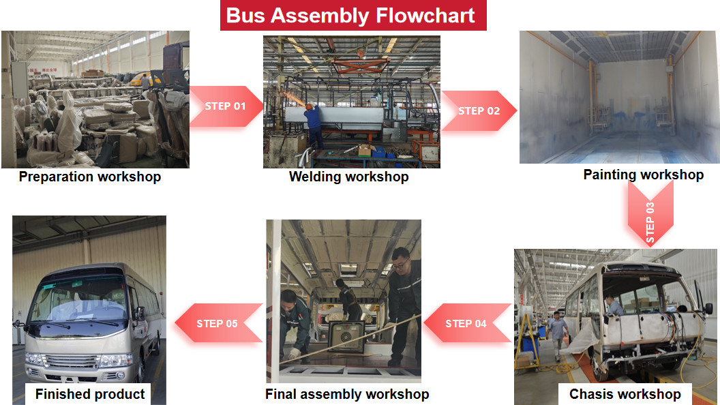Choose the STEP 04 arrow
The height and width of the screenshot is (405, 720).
pyautogui.click(x=466, y=323)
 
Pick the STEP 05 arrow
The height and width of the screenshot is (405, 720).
pyautogui.click(x=217, y=323)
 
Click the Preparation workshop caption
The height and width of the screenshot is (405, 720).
pyautogui.click(x=90, y=177)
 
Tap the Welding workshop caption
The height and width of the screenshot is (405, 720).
pyautogui.click(x=348, y=177)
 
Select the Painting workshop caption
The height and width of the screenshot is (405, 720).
pyautogui.click(x=643, y=175)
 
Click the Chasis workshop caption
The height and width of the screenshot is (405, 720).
pyautogui.click(x=625, y=394)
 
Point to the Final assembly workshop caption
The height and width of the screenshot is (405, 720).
pyautogui.click(x=347, y=394)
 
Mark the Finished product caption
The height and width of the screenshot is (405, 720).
pyautogui.click(x=90, y=394)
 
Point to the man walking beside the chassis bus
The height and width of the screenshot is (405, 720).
pyautogui.click(x=558, y=334)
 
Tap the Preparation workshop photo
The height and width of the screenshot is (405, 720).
pyautogui.click(x=95, y=99)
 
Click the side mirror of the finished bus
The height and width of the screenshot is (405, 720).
pyautogui.click(x=139, y=314)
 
